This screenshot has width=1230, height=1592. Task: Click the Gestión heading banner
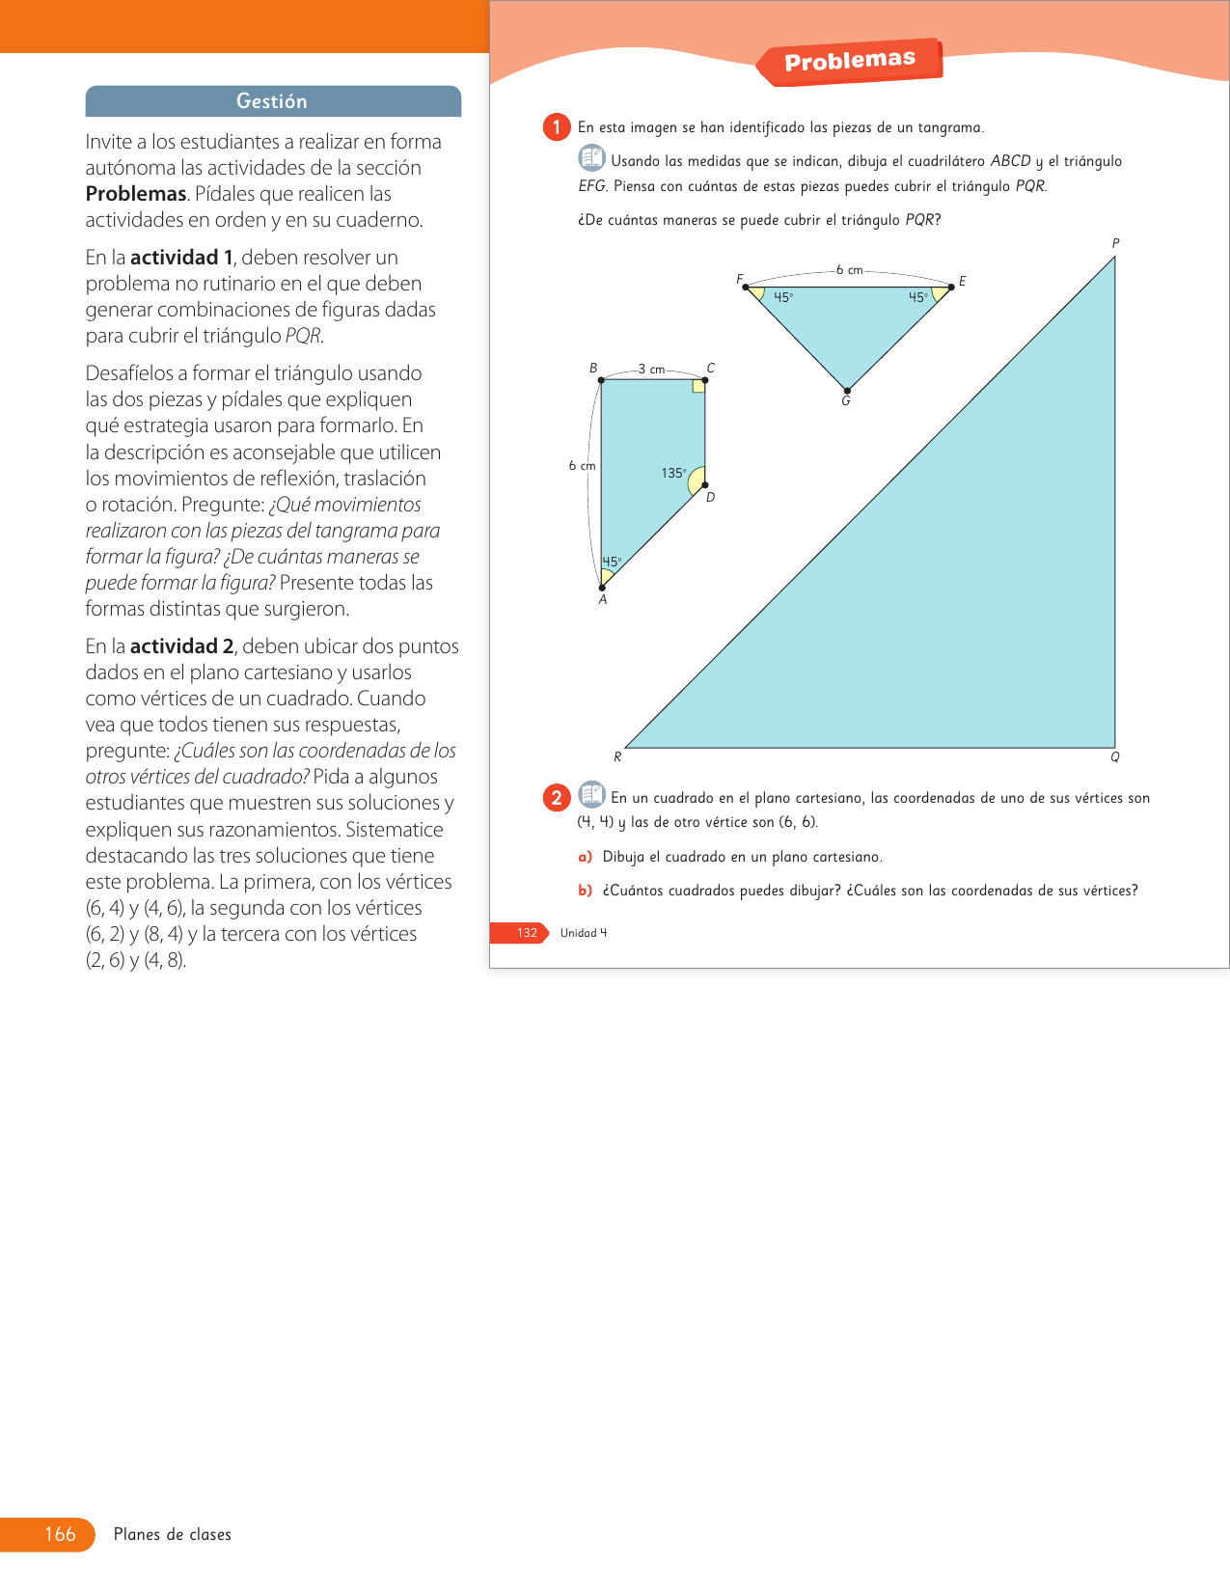(273, 101)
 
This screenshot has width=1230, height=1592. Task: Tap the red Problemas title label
(849, 61)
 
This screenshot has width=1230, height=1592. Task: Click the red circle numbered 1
(557, 127)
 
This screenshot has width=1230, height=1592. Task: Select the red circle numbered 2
(557, 798)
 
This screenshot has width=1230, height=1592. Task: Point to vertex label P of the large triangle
(1115, 243)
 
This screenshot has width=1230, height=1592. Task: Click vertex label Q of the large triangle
(1115, 757)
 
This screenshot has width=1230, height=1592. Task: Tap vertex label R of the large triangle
(617, 757)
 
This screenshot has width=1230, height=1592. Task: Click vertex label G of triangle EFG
(846, 401)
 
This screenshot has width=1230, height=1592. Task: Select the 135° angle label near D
(673, 473)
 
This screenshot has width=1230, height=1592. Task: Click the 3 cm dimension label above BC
(652, 370)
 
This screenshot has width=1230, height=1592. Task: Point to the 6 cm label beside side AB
(582, 466)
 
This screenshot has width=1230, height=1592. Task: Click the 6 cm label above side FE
(850, 270)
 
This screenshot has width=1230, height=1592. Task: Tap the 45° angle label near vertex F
(783, 297)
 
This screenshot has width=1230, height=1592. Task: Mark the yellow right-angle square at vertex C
(698, 387)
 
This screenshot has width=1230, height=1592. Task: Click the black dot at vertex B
(601, 380)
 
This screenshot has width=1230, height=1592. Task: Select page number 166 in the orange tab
(60, 1534)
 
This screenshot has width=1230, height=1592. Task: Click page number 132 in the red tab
(527, 933)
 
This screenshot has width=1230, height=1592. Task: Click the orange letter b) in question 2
(585, 891)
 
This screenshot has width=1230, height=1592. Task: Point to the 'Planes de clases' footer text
(173, 1534)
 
